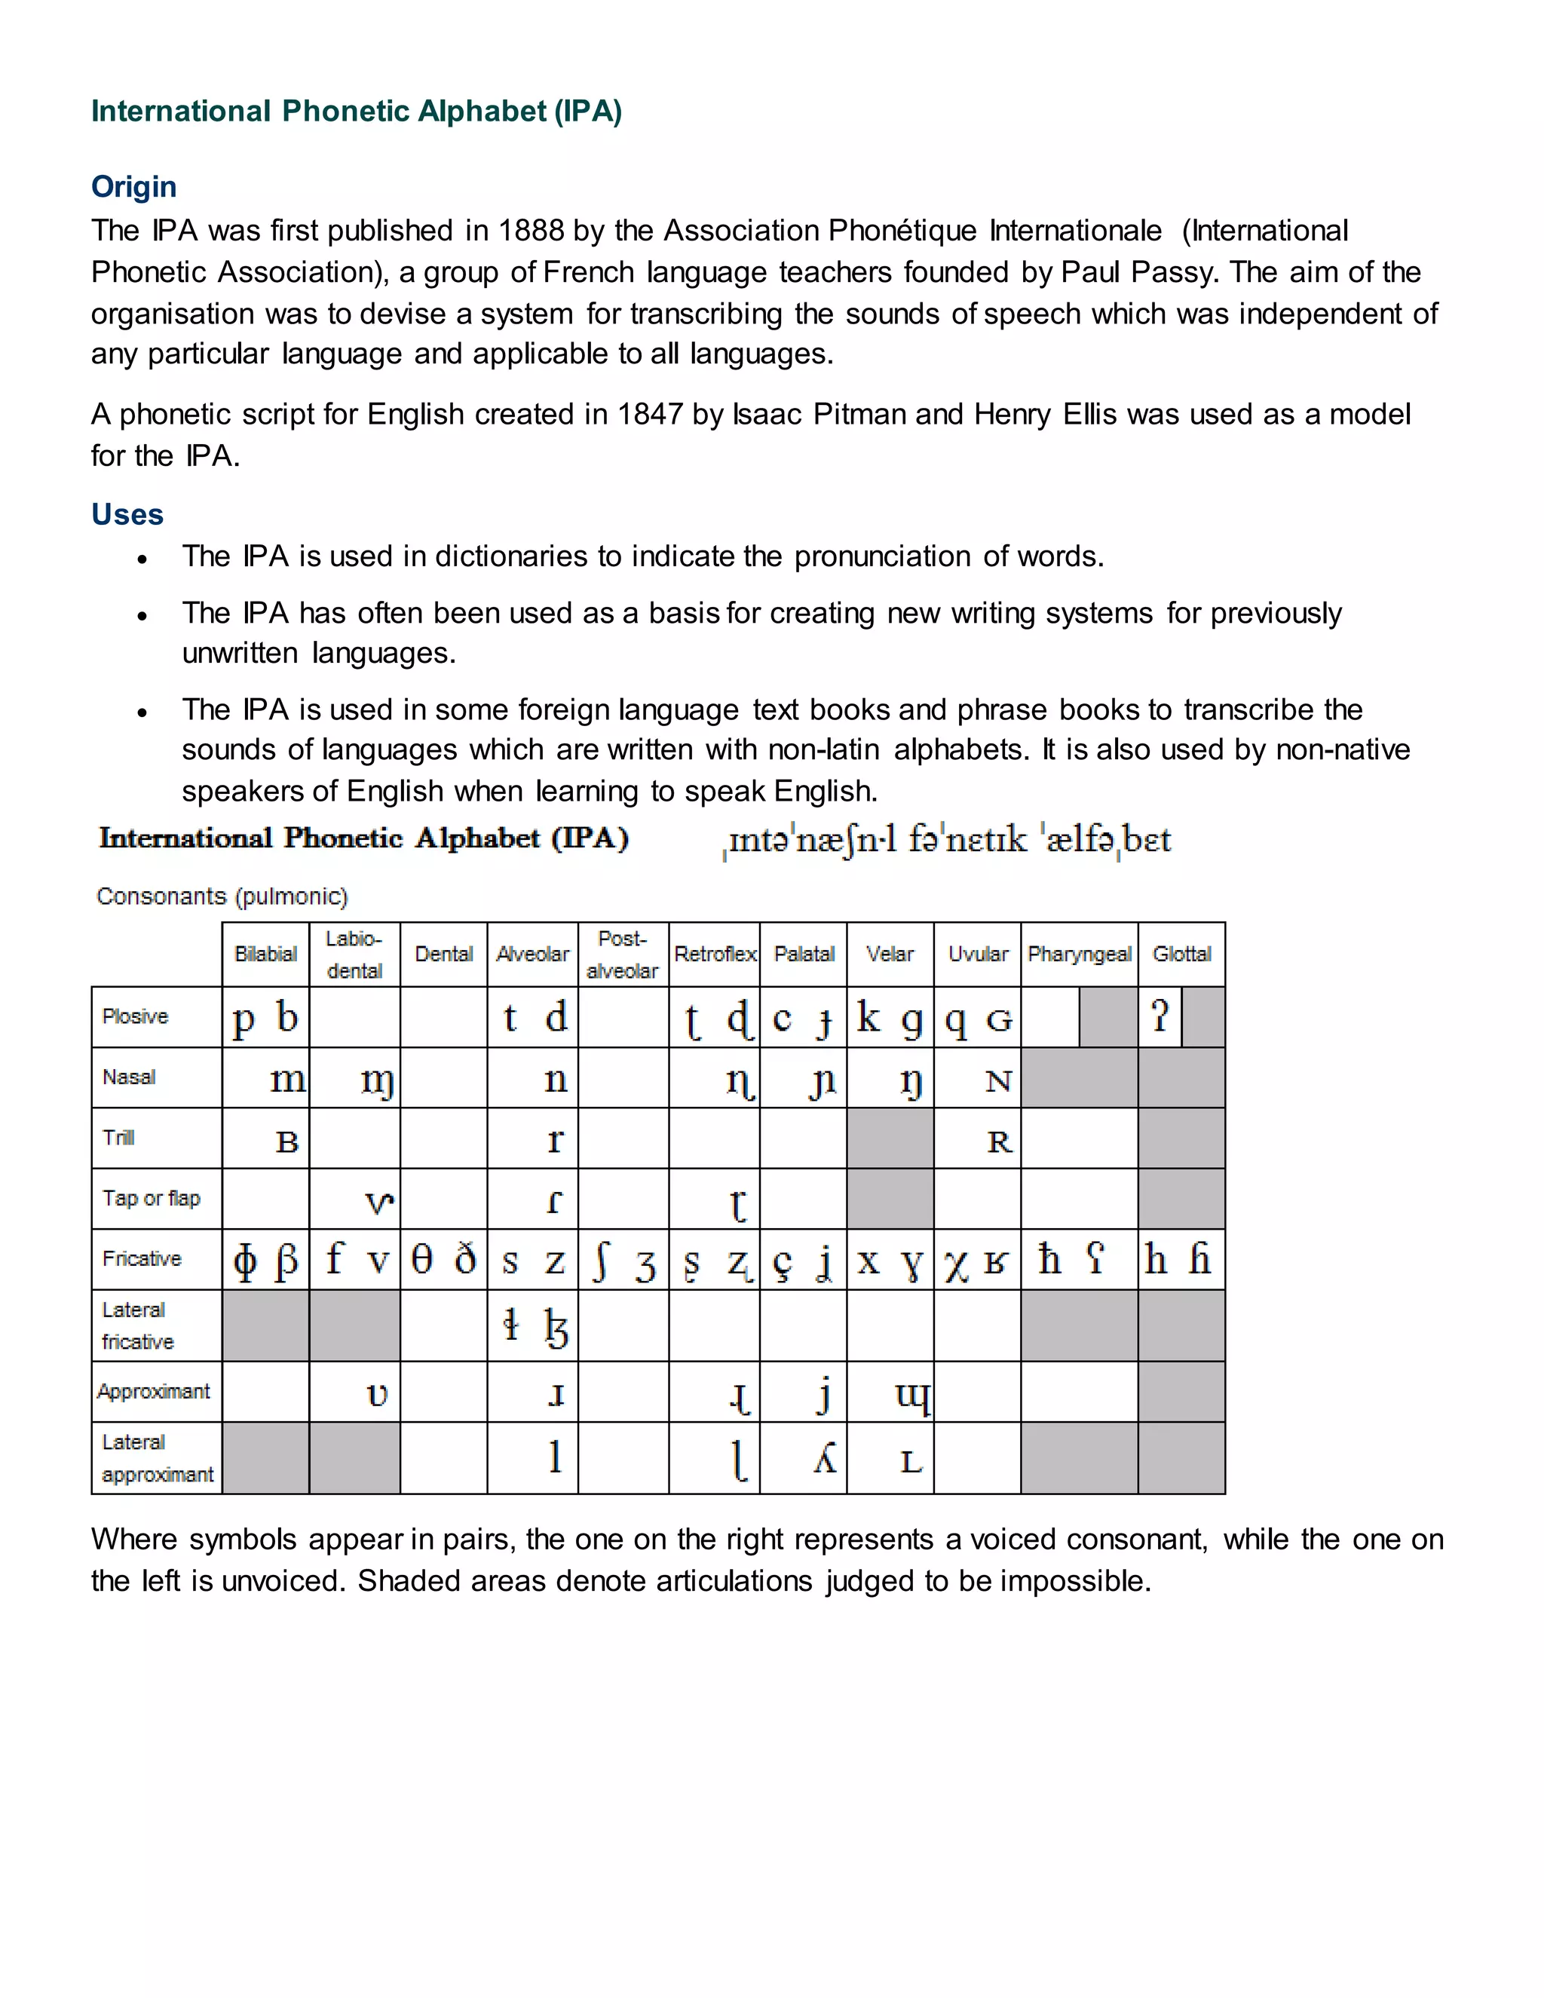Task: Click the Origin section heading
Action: click(133, 187)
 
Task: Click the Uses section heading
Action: click(127, 514)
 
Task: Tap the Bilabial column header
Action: click(265, 955)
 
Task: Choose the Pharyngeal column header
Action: click(1080, 955)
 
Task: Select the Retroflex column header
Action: click(715, 955)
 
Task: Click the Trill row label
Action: click(119, 1137)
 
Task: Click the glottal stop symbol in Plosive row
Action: click(1160, 1016)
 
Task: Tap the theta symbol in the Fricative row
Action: click(421, 1260)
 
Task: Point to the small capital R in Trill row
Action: click(999, 1141)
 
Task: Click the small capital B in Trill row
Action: click(287, 1141)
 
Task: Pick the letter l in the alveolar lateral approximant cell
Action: click(554, 1454)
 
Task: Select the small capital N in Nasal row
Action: click(998, 1081)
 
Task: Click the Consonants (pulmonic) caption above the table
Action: click(222, 896)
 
